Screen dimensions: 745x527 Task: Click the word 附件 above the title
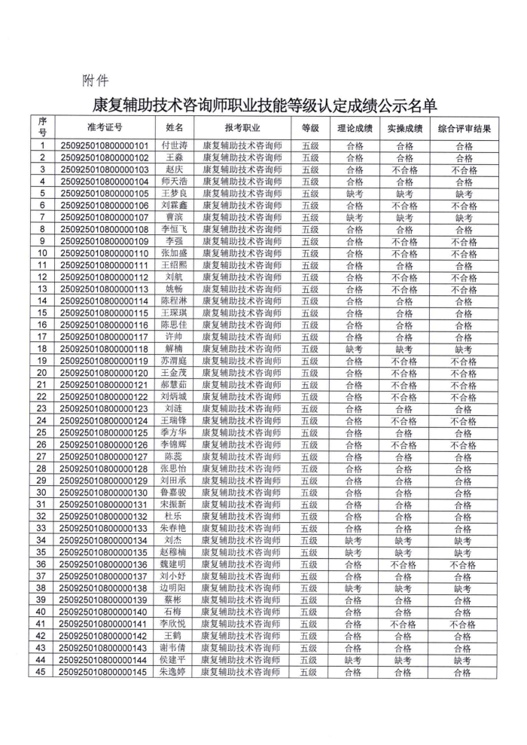pos(94,79)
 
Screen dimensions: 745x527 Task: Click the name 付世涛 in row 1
pos(175,146)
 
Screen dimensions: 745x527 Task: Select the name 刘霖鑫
pos(175,206)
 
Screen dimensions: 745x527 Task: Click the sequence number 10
pos(42,254)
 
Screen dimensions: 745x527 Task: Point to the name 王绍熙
pos(175,266)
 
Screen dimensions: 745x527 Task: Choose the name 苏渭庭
pos(175,361)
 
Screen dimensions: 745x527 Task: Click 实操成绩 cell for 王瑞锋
pos(404,421)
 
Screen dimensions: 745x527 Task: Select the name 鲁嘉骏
pos(175,493)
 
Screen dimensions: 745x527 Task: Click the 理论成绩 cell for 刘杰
pos(354,540)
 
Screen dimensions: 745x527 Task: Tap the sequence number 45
pos(42,672)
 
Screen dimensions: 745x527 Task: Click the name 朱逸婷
pos(175,672)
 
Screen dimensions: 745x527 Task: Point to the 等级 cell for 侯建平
pos(310,660)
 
